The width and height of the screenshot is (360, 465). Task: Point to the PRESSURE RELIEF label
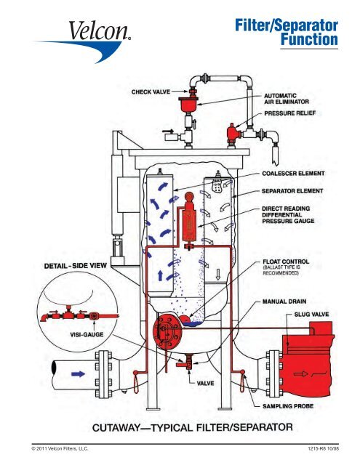coord(292,114)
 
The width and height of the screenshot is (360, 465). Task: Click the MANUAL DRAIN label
coord(287,299)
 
